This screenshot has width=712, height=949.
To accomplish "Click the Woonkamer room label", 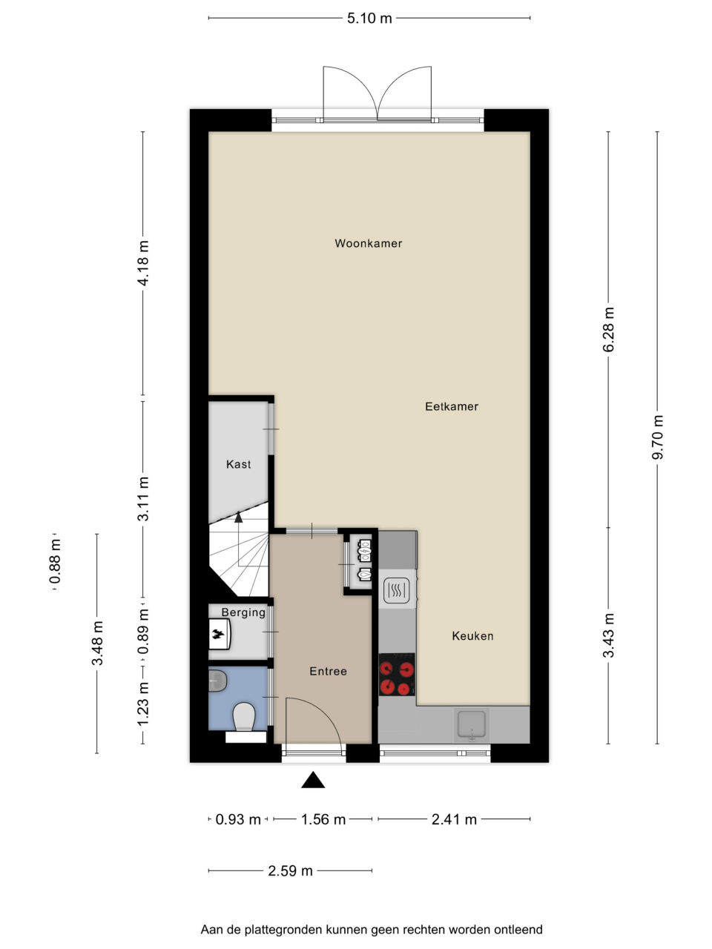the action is tap(369, 243).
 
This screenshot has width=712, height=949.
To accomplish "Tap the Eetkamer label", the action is tap(452, 406).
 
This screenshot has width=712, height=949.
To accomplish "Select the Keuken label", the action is tap(472, 636).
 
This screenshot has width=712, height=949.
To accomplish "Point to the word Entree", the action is tap(328, 671).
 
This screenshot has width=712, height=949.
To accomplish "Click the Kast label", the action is tap(239, 464).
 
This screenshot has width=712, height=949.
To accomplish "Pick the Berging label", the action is tap(243, 612).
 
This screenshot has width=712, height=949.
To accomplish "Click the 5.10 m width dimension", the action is tap(369, 18).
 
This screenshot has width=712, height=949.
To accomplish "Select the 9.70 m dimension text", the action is tap(658, 437).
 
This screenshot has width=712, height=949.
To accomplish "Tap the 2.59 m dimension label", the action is tap(290, 870).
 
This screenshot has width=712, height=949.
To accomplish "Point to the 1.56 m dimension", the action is tap(323, 819).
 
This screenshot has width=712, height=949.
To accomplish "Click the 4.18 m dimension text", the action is tap(143, 263).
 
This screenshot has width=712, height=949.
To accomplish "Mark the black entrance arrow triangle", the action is tap(313, 780).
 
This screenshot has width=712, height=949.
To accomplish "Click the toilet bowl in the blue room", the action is tap(243, 717).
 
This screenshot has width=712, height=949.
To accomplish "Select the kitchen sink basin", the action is tap(472, 724).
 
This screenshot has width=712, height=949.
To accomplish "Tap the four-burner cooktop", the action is tap(397, 674).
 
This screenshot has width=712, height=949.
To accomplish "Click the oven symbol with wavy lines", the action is tap(396, 589).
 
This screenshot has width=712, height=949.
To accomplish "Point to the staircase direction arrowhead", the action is tap(239, 517).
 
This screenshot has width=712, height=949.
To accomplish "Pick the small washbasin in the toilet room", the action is tap(217, 681).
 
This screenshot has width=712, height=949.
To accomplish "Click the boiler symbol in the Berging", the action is tap(220, 635).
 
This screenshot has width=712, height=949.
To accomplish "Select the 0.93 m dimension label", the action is tap(238, 819).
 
